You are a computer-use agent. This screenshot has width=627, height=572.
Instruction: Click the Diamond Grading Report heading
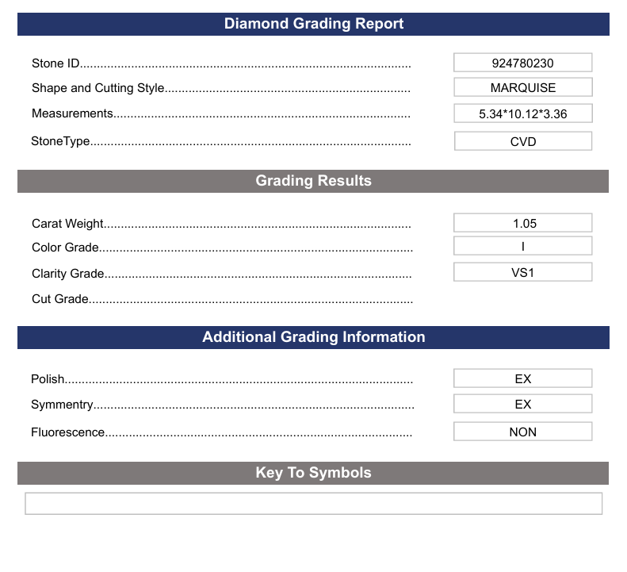tap(314, 24)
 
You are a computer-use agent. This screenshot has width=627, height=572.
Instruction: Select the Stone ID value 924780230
tap(522, 63)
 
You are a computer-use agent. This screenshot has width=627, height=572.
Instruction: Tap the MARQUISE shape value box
tap(522, 88)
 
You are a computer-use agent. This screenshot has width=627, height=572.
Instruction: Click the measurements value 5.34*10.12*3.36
tap(522, 113)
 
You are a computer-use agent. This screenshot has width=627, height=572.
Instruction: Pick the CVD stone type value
tap(522, 141)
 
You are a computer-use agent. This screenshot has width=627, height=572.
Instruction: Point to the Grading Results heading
tap(313, 181)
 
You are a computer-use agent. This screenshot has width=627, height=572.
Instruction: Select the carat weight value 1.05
tap(522, 223)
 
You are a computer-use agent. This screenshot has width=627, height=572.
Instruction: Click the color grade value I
tap(522, 246)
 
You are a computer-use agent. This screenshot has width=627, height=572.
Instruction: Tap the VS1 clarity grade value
tap(522, 272)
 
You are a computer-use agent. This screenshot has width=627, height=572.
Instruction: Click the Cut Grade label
tap(60, 299)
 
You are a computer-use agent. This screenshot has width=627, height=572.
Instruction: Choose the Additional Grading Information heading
tap(313, 337)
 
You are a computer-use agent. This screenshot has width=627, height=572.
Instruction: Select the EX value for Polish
tap(522, 378)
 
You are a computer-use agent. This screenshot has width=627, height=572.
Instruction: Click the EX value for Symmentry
tap(522, 404)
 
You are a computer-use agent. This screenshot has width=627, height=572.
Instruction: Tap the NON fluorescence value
tap(522, 432)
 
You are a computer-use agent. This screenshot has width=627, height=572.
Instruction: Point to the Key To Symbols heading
tap(313, 473)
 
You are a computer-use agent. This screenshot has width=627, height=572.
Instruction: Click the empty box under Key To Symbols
tap(313, 503)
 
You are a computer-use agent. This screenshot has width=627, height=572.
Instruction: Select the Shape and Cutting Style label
tap(98, 88)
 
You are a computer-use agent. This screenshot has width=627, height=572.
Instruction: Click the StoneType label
tap(60, 141)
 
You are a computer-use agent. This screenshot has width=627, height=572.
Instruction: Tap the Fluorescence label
tap(68, 432)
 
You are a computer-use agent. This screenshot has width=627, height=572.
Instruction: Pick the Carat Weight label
tap(68, 224)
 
